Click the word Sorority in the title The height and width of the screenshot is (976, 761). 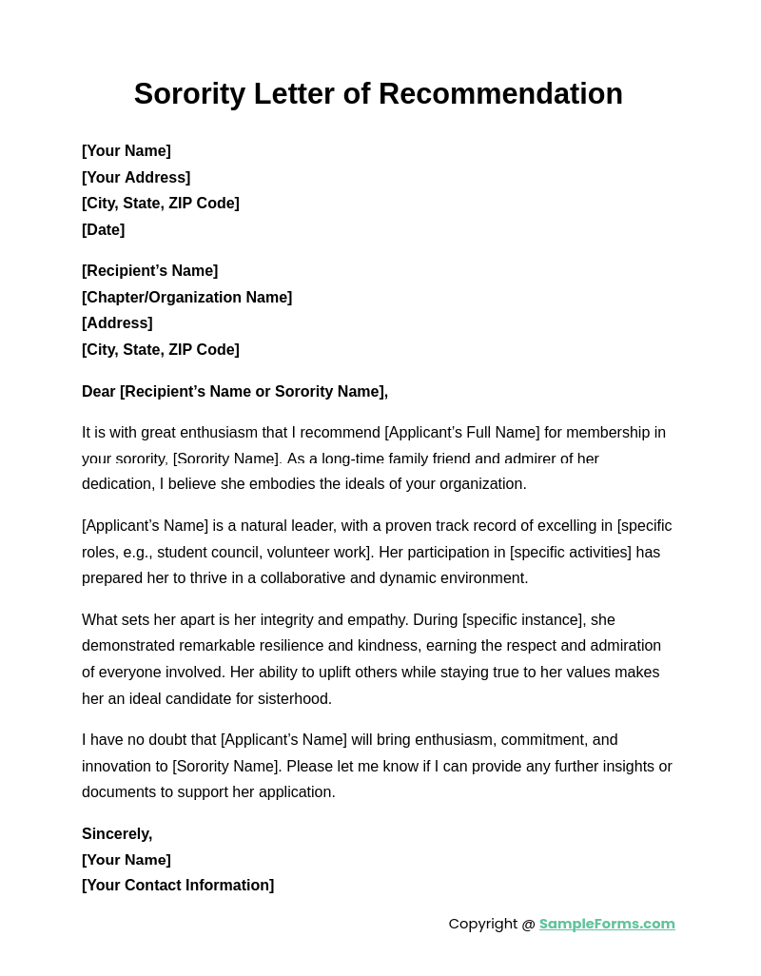pos(189,94)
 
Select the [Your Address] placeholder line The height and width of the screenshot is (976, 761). pos(136,177)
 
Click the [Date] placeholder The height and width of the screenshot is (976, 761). pos(103,229)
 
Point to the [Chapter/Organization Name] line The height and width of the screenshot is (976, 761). pos(186,297)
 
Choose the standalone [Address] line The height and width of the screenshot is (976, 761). pos(117,322)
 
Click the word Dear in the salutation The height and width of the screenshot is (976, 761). pos(99,391)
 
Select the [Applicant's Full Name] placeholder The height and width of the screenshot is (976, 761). pos(461,432)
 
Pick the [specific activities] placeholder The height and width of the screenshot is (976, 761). pos(571,552)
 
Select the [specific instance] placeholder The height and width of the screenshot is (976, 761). pos(523,619)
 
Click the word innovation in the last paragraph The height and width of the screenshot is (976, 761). pos(123,766)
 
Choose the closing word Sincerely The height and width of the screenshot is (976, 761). pos(116,833)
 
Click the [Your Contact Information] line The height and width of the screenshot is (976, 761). pos(178,885)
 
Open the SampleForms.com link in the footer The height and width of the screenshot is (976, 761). pos(607,923)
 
